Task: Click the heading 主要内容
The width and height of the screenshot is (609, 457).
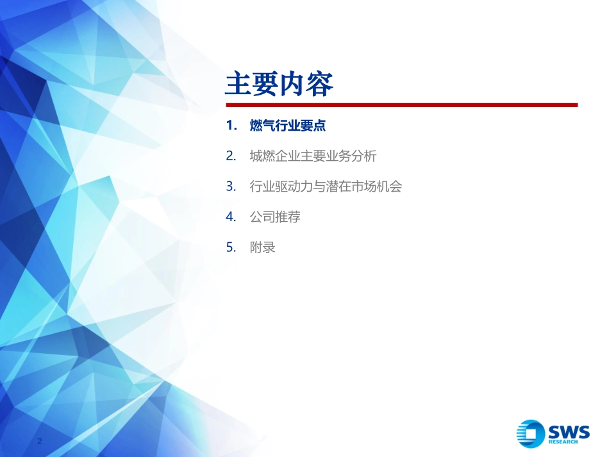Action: click(x=279, y=85)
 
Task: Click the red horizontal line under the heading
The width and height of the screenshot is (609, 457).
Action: click(x=401, y=105)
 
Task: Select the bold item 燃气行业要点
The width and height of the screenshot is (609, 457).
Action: click(x=288, y=126)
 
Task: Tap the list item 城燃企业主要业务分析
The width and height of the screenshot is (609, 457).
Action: click(x=313, y=156)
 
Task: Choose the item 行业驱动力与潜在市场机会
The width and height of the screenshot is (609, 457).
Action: click(x=326, y=187)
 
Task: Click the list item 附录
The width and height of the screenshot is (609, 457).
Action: click(x=262, y=247)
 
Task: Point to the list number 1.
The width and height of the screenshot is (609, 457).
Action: click(x=230, y=126)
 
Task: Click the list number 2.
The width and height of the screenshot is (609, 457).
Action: click(x=230, y=156)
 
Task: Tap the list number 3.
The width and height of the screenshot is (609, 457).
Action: click(x=230, y=187)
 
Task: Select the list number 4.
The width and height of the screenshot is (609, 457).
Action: click(x=230, y=217)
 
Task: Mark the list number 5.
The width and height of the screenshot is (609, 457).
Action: click(x=230, y=247)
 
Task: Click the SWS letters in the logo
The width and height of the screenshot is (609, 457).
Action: click(x=568, y=431)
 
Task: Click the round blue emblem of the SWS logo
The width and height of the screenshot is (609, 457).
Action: click(x=531, y=433)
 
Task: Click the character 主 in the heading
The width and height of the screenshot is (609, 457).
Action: click(x=238, y=85)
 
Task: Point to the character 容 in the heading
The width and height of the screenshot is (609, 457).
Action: click(x=320, y=85)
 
